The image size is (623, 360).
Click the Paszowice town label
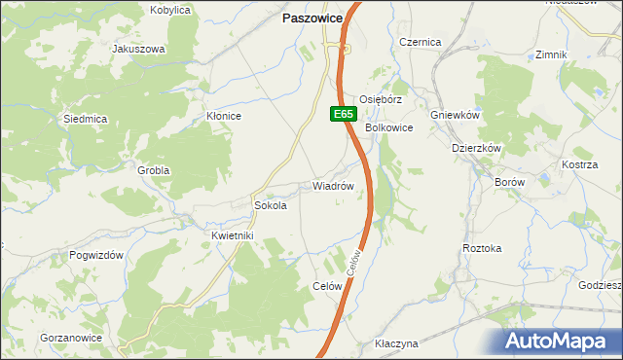click(x=311, y=18)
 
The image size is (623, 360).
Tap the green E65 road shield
click(x=342, y=114)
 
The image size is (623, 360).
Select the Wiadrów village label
click(x=332, y=185)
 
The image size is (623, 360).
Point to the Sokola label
click(x=270, y=206)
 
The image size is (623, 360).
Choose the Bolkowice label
click(x=389, y=127)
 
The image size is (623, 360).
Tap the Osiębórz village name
click(x=381, y=99)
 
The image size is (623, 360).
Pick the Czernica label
click(x=421, y=42)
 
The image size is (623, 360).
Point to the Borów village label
click(x=509, y=182)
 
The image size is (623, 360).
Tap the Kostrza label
click(x=579, y=165)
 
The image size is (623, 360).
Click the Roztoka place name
click(x=482, y=248)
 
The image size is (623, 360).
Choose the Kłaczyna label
click(x=396, y=344)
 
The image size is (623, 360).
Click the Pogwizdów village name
click(x=95, y=254)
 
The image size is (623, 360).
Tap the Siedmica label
click(x=85, y=119)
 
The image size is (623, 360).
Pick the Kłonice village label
click(x=224, y=116)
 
